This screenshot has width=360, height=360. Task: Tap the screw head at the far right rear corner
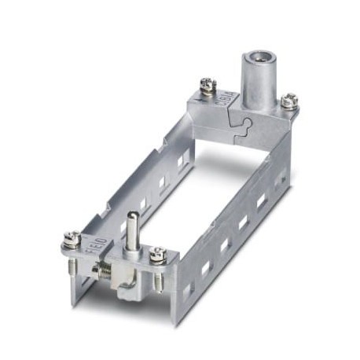[x=289, y=100]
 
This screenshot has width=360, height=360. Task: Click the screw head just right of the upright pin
[x=158, y=252]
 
